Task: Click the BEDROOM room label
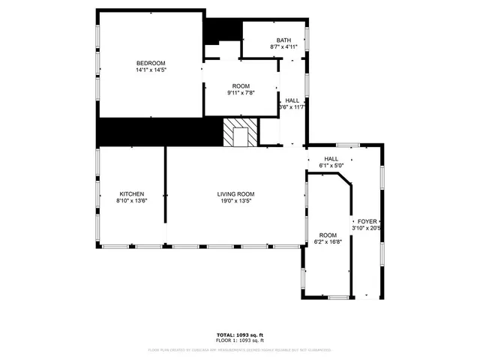pos(150,62)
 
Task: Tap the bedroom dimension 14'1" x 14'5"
pos(150,70)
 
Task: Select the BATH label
pos(283,40)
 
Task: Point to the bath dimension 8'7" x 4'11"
pos(283,46)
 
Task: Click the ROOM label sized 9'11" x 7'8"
pos(240,85)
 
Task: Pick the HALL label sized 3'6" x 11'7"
pos(292,100)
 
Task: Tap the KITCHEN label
pos(131,193)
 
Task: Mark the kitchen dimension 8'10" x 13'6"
pos(131,201)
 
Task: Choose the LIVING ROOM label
pos(236,193)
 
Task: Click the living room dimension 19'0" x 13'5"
pos(236,201)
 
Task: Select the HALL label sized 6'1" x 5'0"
pos(331,158)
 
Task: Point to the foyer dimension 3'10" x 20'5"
pos(367,228)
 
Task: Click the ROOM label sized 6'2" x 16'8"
pos(328,235)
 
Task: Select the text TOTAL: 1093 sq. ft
pos(239,334)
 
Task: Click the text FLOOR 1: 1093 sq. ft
pos(239,340)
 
